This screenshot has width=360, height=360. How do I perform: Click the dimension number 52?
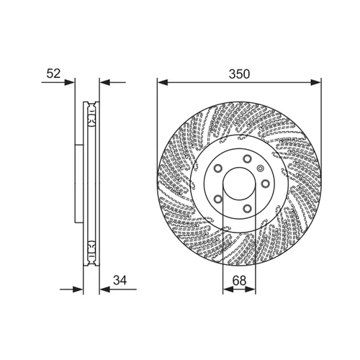[x=53, y=73]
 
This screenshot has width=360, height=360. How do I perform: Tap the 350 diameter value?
[x=239, y=74]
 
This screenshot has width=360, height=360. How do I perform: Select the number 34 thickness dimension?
[x=120, y=280]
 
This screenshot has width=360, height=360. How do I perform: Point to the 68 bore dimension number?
[x=239, y=281]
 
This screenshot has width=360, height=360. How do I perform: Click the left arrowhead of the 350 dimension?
[x=162, y=82]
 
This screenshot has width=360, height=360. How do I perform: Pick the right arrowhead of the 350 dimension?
[x=316, y=82]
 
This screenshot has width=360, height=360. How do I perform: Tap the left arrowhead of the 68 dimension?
[x=228, y=289]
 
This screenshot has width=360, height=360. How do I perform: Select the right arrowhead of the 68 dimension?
[x=251, y=289]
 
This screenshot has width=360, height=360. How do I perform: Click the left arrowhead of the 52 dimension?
[x=70, y=82]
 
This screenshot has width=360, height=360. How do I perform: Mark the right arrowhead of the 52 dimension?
[x=104, y=82]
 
